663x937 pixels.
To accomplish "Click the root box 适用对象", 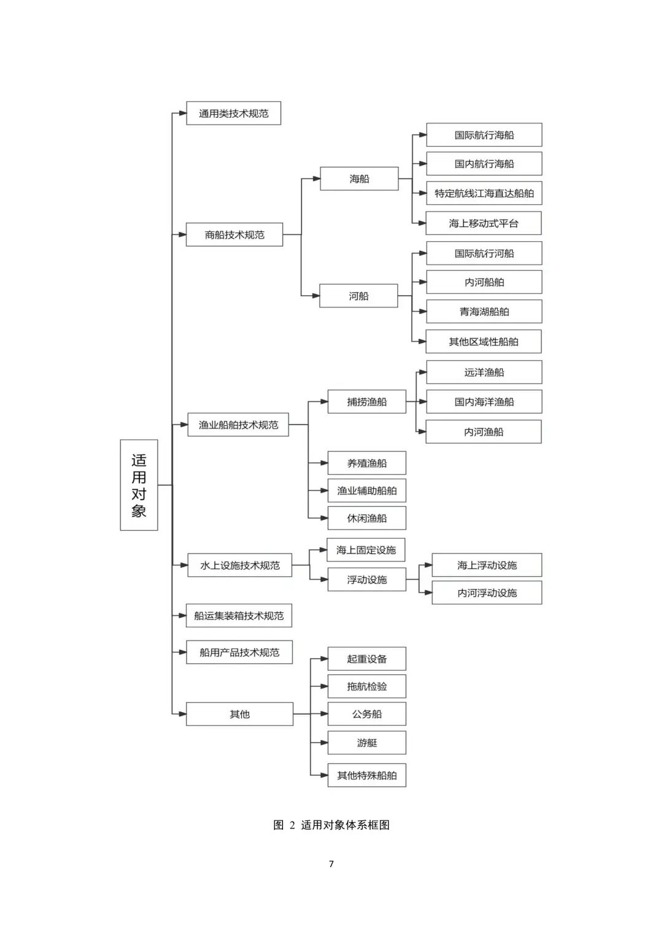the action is pos(139,485).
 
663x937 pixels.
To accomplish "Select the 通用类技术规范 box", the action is pos(233,113).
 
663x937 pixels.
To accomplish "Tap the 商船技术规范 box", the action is pos(235,234).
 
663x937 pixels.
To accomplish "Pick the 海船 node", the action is pos(359,179).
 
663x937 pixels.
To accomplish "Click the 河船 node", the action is pos(359,296).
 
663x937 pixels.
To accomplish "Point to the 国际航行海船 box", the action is pos(484,135).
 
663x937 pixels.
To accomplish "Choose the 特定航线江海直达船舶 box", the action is pos(484,193).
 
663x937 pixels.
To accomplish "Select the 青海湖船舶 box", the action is pos(484,311).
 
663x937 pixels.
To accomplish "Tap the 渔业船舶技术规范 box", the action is pos(238,425).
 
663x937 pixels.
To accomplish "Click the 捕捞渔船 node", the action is pos(366,401).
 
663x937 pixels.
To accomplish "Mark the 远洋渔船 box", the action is pos(484,372).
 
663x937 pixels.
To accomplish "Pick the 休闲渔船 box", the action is pos(366,518).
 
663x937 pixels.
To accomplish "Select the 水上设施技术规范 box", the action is pos(240,565).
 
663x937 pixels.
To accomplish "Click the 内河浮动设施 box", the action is pos(487,592).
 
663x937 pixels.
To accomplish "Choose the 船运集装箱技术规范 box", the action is pos(239,615).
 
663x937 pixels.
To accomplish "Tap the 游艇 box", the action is pos(366,742).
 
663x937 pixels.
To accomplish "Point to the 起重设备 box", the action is pos(366,659).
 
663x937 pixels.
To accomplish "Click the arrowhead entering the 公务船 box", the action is pos(324,714).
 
